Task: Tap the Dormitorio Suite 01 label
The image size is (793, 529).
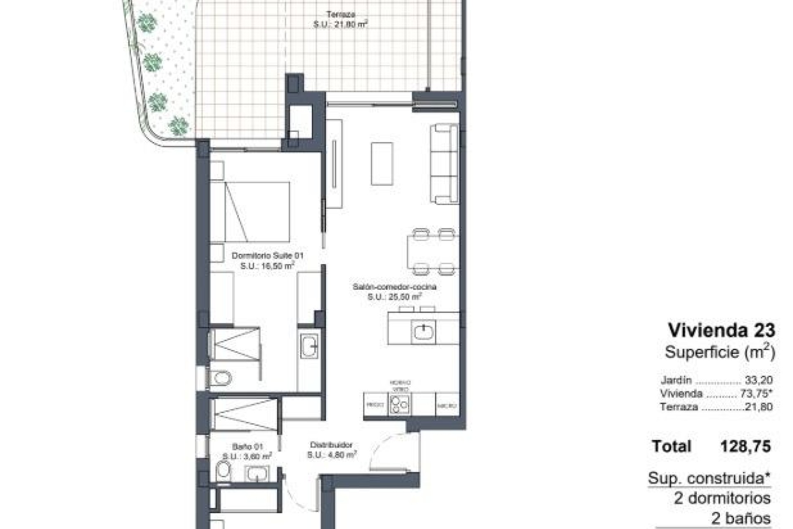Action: pos(267,256)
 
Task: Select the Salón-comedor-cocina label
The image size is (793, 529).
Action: pos(394,287)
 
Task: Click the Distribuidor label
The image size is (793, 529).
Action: pos(331,445)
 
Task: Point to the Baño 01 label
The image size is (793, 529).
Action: pos(247,447)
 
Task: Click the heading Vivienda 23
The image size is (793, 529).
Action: pos(722,330)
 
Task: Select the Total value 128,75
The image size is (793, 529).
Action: pos(746,446)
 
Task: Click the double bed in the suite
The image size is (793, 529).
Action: pos(256,212)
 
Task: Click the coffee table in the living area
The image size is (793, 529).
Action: pos(382,164)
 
